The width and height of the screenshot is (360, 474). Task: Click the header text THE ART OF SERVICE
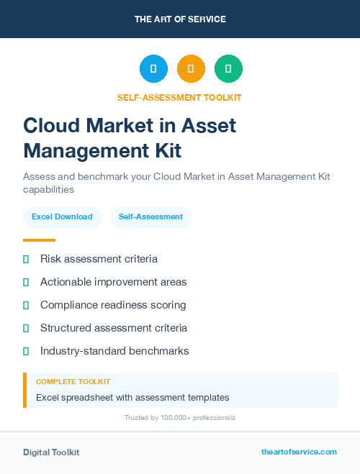[x=180, y=19]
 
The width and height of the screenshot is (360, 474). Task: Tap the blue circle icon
[x=153, y=69]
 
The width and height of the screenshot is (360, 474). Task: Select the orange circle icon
[x=191, y=69]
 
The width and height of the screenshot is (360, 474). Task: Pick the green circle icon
[x=228, y=69]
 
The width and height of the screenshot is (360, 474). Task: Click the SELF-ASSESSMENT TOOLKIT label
[x=179, y=97]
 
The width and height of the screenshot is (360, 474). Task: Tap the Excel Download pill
[x=62, y=217]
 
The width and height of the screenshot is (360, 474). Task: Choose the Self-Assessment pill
[x=150, y=217]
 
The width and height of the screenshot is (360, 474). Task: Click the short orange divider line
[x=39, y=240]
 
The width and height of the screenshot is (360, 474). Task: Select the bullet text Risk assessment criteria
[x=99, y=259]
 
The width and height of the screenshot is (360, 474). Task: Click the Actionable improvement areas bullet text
[x=113, y=282]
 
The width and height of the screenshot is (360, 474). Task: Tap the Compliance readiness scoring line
[x=113, y=305]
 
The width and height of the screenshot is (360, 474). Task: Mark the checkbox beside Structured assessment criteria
[x=26, y=328]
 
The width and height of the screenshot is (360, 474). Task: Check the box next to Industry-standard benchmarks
[x=26, y=351]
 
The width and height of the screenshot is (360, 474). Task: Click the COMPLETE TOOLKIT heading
[x=73, y=382]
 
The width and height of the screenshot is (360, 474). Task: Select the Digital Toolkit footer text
[x=51, y=452]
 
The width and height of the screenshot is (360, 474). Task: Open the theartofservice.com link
[x=299, y=452]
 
